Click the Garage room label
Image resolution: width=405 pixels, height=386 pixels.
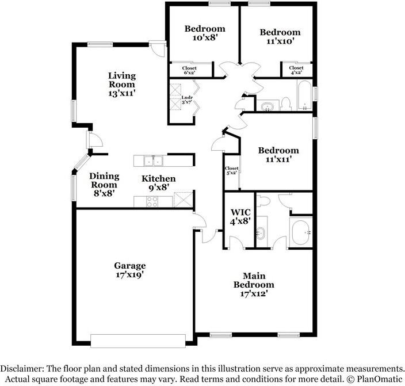tap(129, 266)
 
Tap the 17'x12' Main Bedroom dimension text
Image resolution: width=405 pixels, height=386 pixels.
tap(253, 293)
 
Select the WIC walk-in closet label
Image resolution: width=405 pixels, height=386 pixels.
tap(240, 212)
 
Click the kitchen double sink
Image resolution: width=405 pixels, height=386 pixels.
tap(153, 160)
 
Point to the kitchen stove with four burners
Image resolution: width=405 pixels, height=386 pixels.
tap(152, 201)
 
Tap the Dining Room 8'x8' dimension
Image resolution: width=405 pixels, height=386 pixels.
tap(104, 193)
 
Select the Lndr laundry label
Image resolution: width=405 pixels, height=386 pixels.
tap(187, 97)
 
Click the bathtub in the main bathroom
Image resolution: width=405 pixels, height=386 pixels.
tap(301, 232)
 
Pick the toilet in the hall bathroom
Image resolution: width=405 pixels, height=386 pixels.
tap(286, 104)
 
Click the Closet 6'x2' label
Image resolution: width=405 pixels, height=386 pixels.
tap(189, 70)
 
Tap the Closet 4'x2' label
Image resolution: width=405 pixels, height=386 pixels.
tap(296, 70)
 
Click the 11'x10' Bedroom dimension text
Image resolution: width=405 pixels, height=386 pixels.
tap(280, 41)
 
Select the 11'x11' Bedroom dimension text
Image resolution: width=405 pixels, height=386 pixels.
tap(278, 159)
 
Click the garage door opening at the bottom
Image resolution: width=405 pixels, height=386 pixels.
tap(138, 341)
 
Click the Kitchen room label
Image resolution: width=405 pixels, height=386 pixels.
tap(159, 178)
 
